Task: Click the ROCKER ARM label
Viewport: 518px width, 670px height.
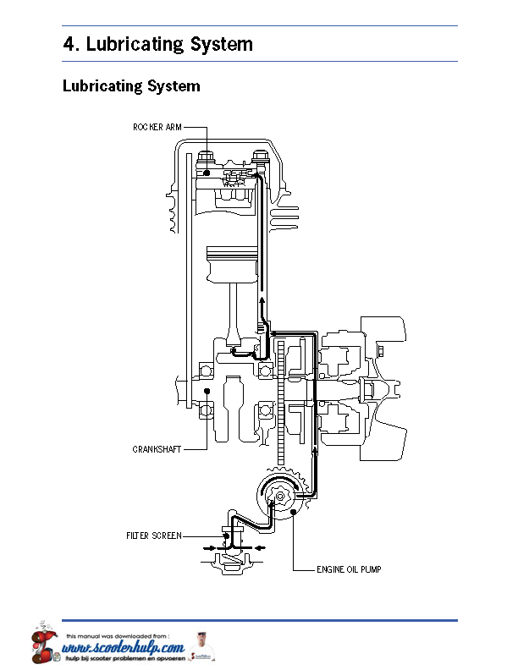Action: [x=157, y=127]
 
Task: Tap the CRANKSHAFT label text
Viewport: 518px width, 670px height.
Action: [x=157, y=449]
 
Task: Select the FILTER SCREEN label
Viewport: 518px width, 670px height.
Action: [x=154, y=535]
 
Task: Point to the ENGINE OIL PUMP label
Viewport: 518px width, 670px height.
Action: [x=349, y=569]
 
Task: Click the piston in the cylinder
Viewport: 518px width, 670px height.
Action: [x=232, y=264]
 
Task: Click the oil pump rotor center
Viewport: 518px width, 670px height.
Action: [x=280, y=496]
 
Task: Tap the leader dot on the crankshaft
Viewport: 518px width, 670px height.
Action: [x=207, y=391]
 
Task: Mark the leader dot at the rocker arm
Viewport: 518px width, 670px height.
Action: [x=207, y=173]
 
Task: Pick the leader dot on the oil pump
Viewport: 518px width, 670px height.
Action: [x=293, y=512]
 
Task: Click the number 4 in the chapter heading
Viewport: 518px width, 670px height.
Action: [x=69, y=44]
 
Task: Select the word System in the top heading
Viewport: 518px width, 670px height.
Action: [x=222, y=45]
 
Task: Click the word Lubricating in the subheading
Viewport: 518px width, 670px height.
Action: [x=102, y=86]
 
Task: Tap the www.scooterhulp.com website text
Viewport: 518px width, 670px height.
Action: [x=124, y=648]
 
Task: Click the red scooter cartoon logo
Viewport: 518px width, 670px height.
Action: [x=44, y=643]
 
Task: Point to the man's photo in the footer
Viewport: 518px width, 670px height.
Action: [x=201, y=646]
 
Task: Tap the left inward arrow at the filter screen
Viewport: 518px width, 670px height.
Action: [x=209, y=548]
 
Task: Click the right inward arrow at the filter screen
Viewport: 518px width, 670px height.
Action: [x=261, y=548]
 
